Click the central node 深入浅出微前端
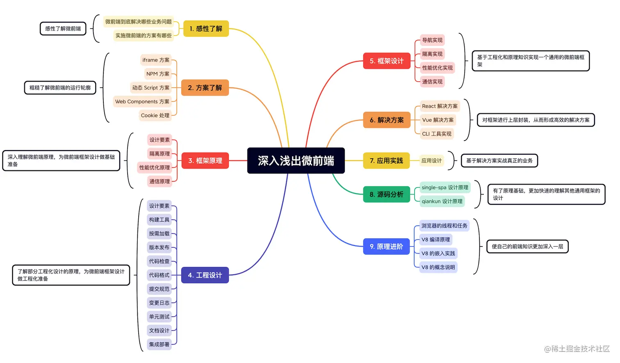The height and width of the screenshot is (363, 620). (296, 161)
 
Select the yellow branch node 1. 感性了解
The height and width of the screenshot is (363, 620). (206, 29)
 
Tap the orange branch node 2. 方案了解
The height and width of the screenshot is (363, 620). (205, 88)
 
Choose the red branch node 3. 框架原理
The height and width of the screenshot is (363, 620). (205, 161)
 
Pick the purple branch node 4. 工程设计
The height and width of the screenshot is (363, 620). (205, 275)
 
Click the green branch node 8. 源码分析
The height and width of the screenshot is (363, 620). (386, 194)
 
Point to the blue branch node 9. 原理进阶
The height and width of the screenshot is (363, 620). (386, 247)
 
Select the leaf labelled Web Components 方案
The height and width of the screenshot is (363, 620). (142, 102)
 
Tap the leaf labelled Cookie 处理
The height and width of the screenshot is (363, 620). (155, 116)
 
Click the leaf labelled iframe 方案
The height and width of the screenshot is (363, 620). (156, 60)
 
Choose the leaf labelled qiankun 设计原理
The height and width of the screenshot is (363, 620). (442, 201)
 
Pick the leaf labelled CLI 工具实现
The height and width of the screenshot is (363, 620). (437, 134)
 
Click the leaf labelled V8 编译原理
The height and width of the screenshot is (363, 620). (435, 240)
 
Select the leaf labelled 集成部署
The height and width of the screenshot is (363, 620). (159, 345)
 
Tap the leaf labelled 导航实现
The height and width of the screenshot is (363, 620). (432, 40)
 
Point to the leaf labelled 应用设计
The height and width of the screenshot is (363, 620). (431, 161)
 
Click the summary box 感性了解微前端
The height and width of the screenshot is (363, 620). (63, 29)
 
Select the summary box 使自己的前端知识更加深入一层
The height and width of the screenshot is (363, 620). (527, 247)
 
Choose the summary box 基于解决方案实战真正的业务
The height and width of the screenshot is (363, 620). (499, 161)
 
